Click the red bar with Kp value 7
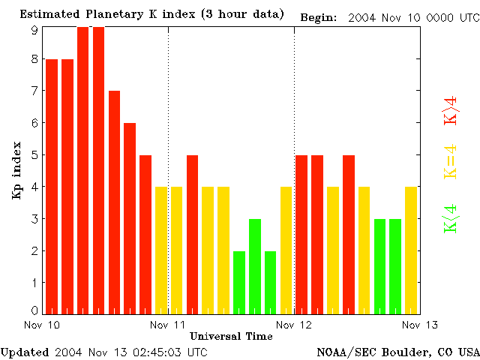(114, 202)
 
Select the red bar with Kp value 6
(130, 218)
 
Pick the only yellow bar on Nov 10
(161, 250)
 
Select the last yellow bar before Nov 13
(411, 250)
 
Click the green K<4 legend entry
(451, 218)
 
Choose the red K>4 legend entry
(451, 109)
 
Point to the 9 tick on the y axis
(34, 30)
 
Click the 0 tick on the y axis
(34, 310)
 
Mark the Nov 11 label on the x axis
(168, 324)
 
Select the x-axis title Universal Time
(231, 335)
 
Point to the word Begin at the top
(318, 16)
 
